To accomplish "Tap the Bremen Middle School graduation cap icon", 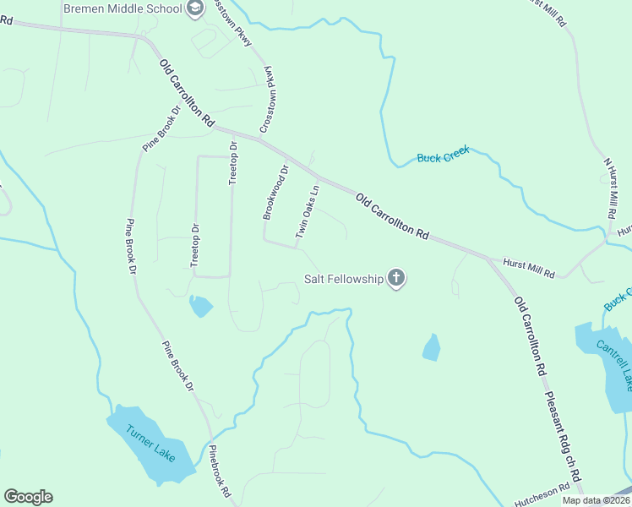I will (196, 9).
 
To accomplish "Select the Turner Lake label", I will (150, 442).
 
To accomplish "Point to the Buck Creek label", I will (443, 157).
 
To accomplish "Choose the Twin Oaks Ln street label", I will (307, 211).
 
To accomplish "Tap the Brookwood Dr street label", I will (275, 193).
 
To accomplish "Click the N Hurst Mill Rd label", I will (611, 187).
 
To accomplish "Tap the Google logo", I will (28, 497).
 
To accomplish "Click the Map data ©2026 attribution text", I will (596, 500).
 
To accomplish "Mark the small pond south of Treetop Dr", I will (201, 305).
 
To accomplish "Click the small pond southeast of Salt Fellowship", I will (431, 346).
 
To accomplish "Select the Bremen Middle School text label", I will (123, 9).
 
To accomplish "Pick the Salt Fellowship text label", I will (344, 278).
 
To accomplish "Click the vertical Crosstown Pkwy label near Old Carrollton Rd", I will (270, 99).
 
